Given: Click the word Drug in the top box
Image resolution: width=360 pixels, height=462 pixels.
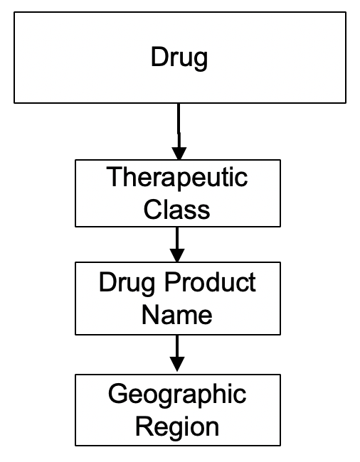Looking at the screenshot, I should tap(179, 58).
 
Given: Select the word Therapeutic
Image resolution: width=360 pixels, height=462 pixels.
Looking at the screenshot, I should tap(177, 177).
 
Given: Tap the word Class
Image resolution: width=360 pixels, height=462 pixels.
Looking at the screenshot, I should tap(177, 209).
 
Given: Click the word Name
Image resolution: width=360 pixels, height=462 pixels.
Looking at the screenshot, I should tap(177, 314).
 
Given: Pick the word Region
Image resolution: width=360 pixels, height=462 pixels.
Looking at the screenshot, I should tap(177, 427).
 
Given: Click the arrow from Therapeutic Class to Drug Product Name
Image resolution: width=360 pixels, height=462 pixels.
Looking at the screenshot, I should tap(178, 245).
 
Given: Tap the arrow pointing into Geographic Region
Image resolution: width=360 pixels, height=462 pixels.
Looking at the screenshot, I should tap(178, 353).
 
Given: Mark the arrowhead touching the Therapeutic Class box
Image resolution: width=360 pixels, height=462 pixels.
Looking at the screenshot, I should tap(179, 152).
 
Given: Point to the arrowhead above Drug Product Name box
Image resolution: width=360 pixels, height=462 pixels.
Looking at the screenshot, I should tap(178, 256).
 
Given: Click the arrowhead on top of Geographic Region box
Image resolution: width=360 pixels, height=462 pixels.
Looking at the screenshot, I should tap(178, 364).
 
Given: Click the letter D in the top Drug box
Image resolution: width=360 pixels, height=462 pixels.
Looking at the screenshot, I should tap(159, 57).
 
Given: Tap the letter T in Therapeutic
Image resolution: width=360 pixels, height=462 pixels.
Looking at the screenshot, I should tap(113, 176).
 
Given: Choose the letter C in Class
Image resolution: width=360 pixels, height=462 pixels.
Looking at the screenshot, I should tap(153, 209).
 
